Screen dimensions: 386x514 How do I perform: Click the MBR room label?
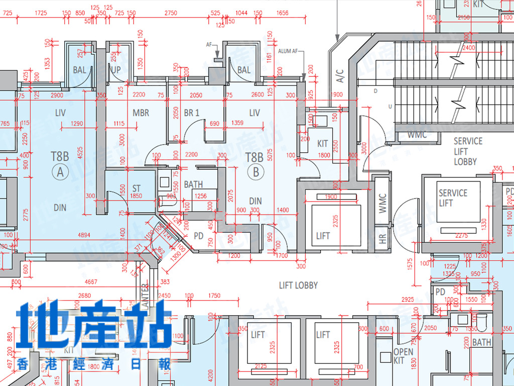(x=141, y=113)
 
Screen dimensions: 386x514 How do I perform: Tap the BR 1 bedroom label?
(x=192, y=113)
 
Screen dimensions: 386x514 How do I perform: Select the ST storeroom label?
(x=137, y=188)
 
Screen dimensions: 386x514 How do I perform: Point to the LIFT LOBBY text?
(x=299, y=285)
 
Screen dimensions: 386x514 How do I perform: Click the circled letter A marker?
(x=60, y=172)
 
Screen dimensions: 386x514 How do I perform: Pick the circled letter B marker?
(x=256, y=172)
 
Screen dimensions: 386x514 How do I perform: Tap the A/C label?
(x=340, y=76)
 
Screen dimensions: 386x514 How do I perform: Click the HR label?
(x=383, y=240)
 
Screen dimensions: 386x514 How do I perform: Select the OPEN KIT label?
(x=403, y=356)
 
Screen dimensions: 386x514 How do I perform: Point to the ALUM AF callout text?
(x=288, y=51)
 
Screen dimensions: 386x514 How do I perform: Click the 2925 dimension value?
(x=408, y=300)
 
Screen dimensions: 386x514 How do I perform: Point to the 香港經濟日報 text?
(x=94, y=364)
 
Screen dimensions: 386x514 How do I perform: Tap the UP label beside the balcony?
(x=115, y=70)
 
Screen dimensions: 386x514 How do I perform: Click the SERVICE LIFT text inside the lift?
(x=453, y=198)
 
